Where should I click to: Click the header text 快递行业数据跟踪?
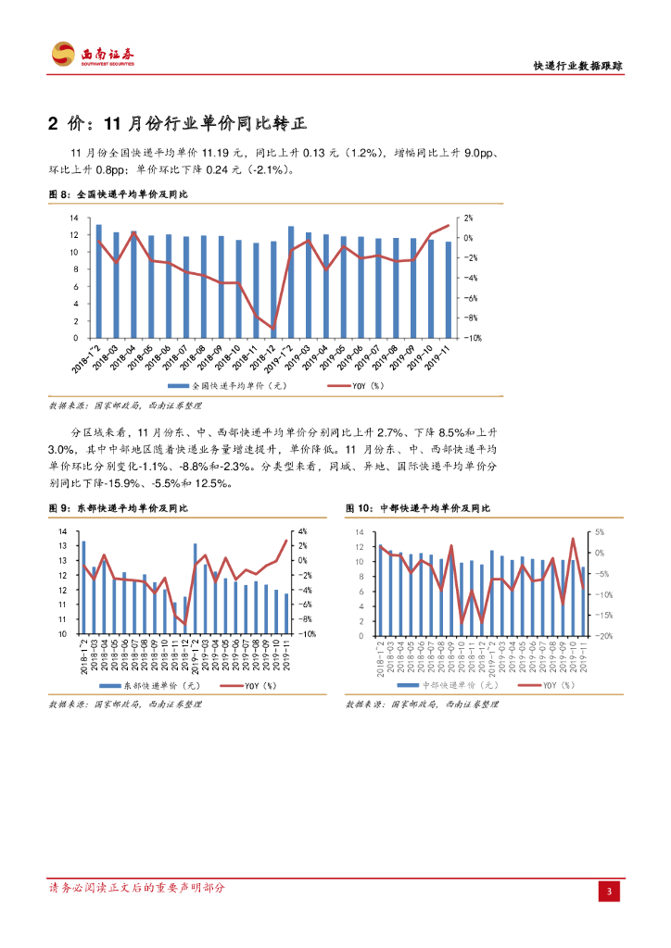pos(577,67)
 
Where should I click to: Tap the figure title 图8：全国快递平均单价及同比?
pos(118,195)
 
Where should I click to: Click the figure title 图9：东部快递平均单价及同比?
pos(118,508)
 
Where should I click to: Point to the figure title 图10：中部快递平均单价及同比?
pos(418,508)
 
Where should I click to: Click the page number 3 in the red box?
pos(609,892)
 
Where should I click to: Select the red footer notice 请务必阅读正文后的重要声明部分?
pos(136,888)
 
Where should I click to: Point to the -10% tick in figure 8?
pos(470,339)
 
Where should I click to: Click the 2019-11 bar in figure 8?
pos(449,290)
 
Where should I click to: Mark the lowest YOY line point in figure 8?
pos(273,328)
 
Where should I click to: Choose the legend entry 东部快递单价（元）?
pos(146,685)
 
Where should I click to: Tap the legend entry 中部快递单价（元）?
pos(449,685)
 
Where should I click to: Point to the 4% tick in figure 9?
pos(302,531)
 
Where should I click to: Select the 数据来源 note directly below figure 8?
pos(124,405)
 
